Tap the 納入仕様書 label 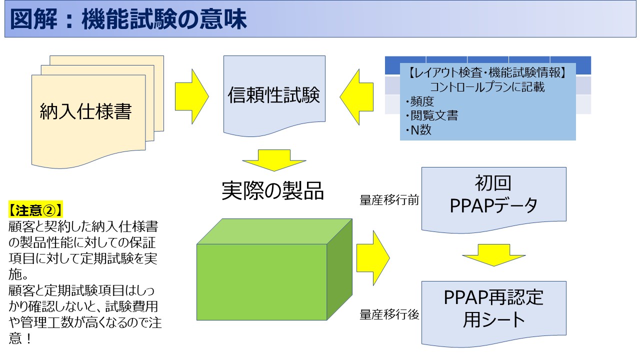[x=85, y=111]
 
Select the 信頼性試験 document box [x=273, y=95]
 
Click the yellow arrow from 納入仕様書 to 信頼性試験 [x=192, y=95]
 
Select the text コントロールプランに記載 [x=487, y=87]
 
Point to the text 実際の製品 [x=273, y=190]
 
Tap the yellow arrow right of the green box [x=373, y=257]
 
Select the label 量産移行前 [x=389, y=200]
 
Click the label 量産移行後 [x=389, y=315]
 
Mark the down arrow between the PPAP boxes [x=493, y=254]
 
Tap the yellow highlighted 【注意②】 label [x=35, y=207]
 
